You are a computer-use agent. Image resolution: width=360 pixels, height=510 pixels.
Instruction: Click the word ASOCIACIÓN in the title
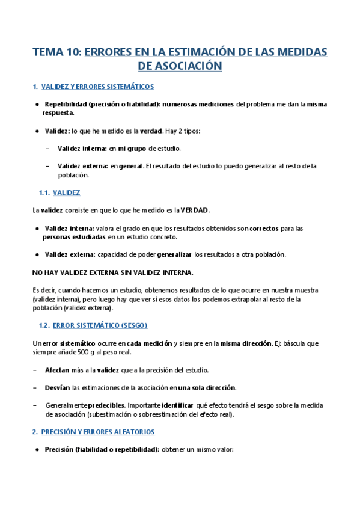click(188, 66)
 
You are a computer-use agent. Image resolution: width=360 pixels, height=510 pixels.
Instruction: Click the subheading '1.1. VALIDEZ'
click(59, 192)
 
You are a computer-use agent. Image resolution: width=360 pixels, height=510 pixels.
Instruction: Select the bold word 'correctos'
click(264, 229)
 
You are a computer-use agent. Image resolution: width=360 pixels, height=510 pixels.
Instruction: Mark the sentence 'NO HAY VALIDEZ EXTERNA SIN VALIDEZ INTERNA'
click(112, 272)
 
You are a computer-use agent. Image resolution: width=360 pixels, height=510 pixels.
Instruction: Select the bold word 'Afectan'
click(58, 369)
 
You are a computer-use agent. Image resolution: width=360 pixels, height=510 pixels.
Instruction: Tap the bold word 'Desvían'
click(58, 387)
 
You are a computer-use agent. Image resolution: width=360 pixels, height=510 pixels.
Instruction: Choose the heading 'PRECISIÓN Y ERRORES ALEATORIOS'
click(97, 432)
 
